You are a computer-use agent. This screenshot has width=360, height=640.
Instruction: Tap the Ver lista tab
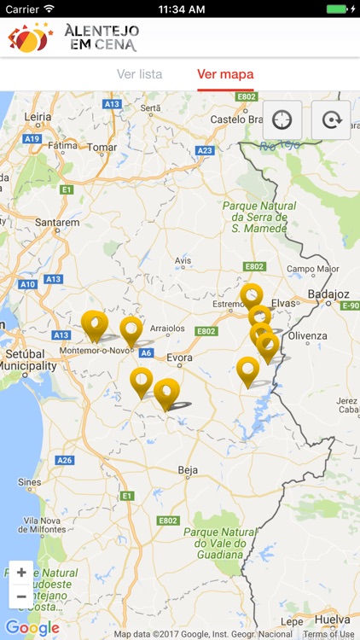click(139, 74)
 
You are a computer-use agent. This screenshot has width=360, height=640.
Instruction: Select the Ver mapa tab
click(225, 74)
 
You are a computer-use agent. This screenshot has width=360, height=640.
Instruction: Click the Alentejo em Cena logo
click(73, 38)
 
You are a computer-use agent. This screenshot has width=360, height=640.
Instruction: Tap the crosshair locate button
click(282, 119)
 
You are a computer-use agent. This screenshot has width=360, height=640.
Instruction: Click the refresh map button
click(330, 119)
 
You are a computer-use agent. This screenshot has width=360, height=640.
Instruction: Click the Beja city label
click(188, 469)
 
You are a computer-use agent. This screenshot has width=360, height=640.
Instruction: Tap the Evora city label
click(179, 358)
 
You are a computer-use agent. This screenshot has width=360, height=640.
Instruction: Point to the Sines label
click(29, 482)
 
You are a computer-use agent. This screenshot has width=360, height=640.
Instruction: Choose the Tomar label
click(102, 147)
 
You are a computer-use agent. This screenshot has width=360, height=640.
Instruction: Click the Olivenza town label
click(308, 335)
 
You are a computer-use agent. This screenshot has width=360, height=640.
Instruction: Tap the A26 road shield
click(65, 460)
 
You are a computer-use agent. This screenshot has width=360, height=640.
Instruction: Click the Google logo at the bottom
click(32, 629)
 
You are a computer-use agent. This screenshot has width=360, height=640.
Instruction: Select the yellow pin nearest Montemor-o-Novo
click(95, 325)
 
